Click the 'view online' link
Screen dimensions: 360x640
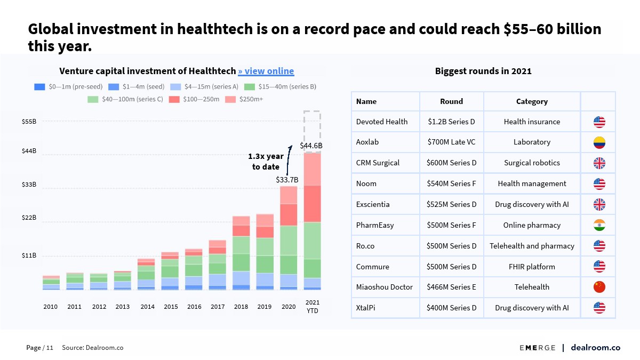pyautogui.click(x=266, y=71)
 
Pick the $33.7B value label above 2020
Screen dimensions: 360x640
pyautogui.click(x=287, y=180)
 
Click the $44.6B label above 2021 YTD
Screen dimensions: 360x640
pyautogui.click(x=311, y=146)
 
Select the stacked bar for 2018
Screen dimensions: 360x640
pyautogui.click(x=241, y=253)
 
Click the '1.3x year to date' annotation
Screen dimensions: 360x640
pyautogui.click(x=266, y=161)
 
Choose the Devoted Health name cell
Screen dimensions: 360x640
pyautogui.click(x=382, y=122)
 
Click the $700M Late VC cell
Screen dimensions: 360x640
pyautogui.click(x=451, y=142)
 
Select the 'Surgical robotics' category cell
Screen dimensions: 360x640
pyautogui.click(x=532, y=163)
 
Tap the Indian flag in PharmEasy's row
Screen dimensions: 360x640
pyautogui.click(x=599, y=225)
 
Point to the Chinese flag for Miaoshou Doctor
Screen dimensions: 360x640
pyautogui.click(x=599, y=287)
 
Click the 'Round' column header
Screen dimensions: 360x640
pyautogui.click(x=451, y=101)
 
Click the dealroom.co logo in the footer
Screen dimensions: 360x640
pyautogui.click(x=595, y=348)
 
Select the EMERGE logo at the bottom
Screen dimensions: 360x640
pyautogui.click(x=538, y=348)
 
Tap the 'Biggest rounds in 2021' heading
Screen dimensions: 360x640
pyautogui.click(x=483, y=71)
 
